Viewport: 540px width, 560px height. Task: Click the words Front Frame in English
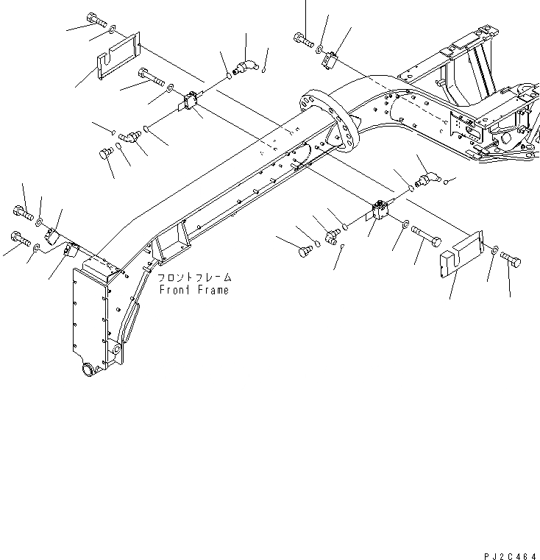point(193,290)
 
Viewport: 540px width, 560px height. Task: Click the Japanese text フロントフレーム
point(194,278)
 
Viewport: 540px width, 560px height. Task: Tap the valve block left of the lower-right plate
point(380,213)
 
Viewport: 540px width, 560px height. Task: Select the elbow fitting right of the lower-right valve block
point(428,179)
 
